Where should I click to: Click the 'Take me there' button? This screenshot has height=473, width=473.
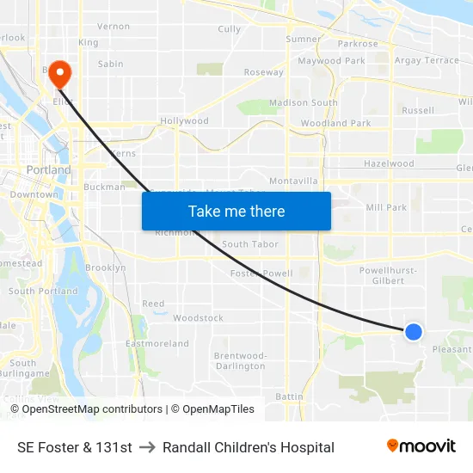[x=236, y=211]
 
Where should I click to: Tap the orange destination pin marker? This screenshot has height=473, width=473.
[x=60, y=73]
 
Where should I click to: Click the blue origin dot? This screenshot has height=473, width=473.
[x=414, y=331]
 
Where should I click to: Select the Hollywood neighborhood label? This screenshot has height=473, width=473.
[x=184, y=121]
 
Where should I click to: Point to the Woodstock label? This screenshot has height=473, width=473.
[x=198, y=318]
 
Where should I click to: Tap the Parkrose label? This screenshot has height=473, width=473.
[x=358, y=44]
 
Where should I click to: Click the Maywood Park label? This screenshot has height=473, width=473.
[x=331, y=61]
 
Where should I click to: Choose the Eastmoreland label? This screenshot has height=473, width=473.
[x=157, y=344]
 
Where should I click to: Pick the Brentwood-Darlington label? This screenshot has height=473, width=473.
[x=240, y=360]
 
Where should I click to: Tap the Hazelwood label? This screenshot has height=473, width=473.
[x=389, y=163]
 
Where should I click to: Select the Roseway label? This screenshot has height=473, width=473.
[x=264, y=72]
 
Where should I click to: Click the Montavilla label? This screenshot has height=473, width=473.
[x=293, y=181]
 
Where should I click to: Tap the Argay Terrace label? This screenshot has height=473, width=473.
[x=427, y=60]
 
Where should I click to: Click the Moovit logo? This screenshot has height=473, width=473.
[x=421, y=446]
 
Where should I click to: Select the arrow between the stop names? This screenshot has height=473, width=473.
[x=147, y=447]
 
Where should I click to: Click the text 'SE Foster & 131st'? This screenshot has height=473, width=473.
[x=75, y=447]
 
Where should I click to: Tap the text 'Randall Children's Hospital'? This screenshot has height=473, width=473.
[x=249, y=447]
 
